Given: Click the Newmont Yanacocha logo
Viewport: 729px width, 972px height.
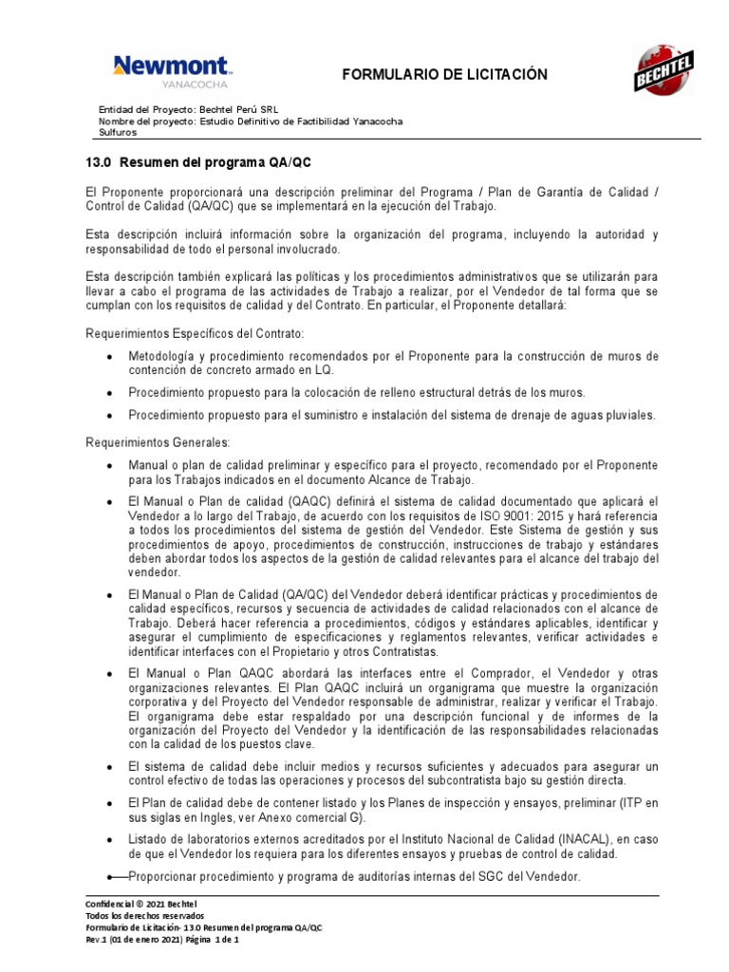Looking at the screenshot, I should tap(172, 71).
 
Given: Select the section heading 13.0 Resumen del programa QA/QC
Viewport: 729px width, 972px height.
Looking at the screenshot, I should tap(197, 162).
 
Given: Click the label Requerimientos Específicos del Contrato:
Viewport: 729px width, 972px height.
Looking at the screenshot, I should tap(195, 335).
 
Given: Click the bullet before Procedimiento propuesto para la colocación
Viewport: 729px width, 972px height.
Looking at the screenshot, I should tap(112, 392).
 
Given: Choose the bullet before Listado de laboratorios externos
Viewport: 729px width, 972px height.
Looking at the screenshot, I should tap(112, 839).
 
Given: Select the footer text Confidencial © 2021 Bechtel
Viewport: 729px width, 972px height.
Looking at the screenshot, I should tap(142, 904).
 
